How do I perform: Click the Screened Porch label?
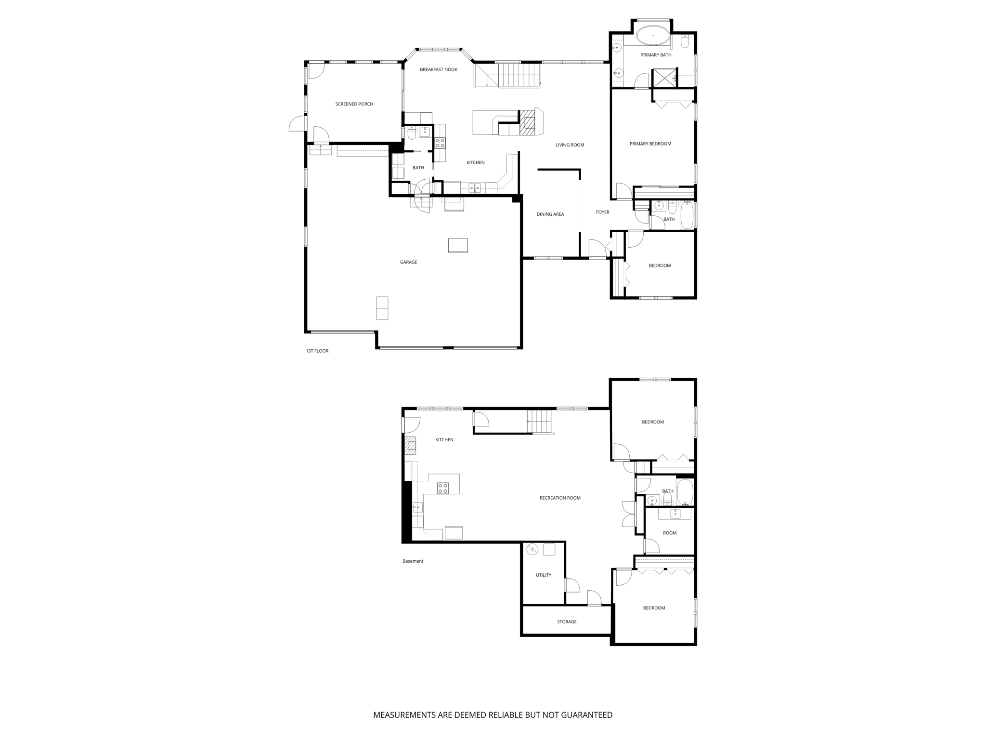click(x=354, y=104)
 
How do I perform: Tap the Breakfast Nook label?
click(x=438, y=69)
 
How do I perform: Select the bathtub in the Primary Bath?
click(x=652, y=35)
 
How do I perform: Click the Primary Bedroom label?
click(x=650, y=144)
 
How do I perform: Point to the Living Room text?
click(x=570, y=145)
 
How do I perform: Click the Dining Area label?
click(x=550, y=214)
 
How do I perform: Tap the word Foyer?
click(x=602, y=212)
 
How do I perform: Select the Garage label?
click(x=408, y=262)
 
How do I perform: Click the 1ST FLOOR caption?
click(x=317, y=351)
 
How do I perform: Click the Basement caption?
click(x=413, y=561)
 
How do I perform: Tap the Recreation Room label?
click(x=559, y=498)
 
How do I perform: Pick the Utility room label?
click(x=543, y=575)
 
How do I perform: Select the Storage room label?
click(x=566, y=622)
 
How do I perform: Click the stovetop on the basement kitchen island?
click(x=443, y=488)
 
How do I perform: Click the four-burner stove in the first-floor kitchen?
click(x=440, y=143)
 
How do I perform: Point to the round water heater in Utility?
click(x=532, y=550)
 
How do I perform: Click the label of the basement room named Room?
click(x=669, y=533)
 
